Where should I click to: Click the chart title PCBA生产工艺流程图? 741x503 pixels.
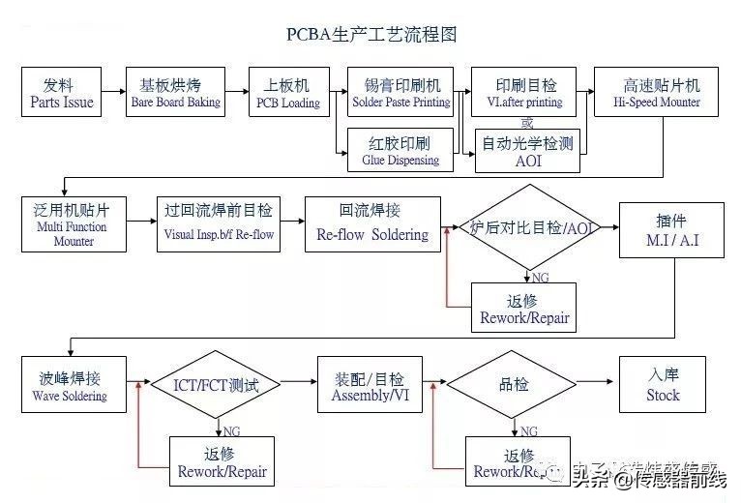pos(371,35)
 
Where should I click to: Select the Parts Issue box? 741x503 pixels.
pos(62,93)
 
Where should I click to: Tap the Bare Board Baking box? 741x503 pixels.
pos(175,93)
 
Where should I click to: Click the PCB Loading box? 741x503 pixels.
pos(287,93)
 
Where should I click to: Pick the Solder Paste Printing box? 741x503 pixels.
pos(400,93)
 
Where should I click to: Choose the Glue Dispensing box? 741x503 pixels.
pos(400,151)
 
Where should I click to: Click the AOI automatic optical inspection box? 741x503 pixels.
pos(527,152)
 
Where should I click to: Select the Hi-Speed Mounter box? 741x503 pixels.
pos(662,93)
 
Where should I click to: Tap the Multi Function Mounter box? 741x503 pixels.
pos(74,224)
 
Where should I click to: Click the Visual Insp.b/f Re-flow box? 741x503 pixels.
pos(218,224)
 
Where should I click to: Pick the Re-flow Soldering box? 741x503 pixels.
pos(371,224)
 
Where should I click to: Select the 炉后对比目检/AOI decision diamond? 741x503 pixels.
pos(527,228)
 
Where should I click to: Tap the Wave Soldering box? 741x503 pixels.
pos(74,384)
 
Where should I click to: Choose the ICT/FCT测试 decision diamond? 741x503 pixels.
pos(216,385)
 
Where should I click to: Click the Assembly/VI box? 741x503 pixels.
pos(369,384)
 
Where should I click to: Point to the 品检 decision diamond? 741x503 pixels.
pos(513,385)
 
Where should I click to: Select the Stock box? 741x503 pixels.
pos(663,384)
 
